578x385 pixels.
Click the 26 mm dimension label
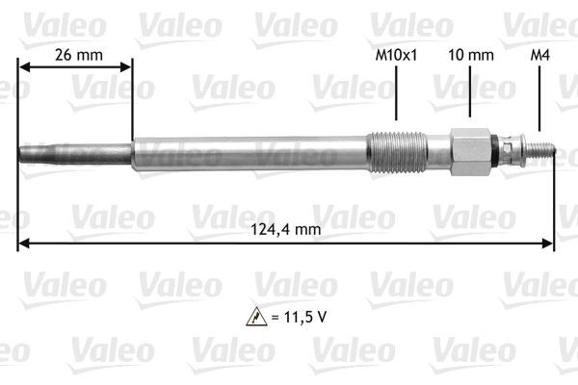tap(76, 55)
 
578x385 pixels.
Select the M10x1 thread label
tap(397, 55)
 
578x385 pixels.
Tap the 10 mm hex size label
tap(470, 55)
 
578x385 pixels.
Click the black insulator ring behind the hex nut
tap(497, 150)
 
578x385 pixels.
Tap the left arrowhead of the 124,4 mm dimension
tap(24, 244)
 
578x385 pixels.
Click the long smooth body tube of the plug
tap(250, 152)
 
